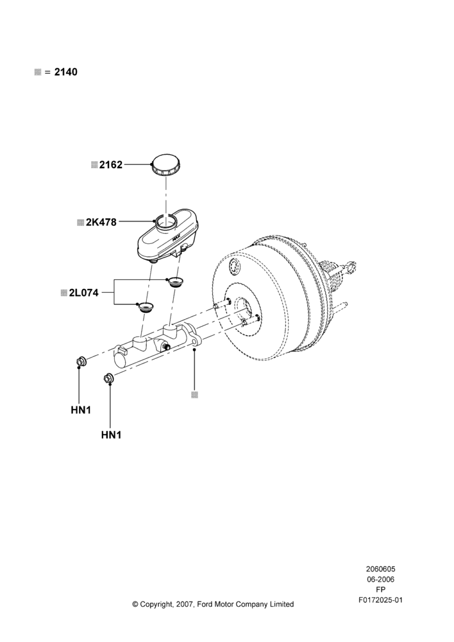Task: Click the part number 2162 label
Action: point(111,164)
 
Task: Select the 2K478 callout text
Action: point(101,222)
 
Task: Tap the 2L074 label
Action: point(84,293)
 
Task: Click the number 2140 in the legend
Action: point(66,72)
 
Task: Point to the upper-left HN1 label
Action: point(81,410)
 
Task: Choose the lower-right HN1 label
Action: point(111,435)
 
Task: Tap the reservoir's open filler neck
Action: point(165,224)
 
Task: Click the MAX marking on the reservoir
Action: point(176,236)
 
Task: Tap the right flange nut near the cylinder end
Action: point(109,378)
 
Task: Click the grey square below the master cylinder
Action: point(195,395)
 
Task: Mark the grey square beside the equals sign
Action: point(38,72)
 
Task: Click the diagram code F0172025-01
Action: point(380,600)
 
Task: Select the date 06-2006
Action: point(380,579)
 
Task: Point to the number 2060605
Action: point(380,569)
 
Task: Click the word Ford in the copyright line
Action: point(205,604)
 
